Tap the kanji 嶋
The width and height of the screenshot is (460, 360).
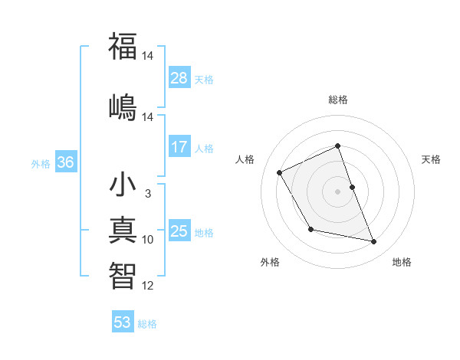123,105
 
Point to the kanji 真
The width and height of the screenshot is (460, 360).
123,230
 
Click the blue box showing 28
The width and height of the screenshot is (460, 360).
179,77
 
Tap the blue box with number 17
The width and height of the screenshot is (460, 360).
179,146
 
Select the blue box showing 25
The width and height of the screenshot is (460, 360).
179,231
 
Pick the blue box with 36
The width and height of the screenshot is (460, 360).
65,162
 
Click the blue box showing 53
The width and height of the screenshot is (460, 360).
123,322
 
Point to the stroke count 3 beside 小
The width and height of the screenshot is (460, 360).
147,194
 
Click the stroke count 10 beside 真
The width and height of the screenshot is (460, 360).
147,240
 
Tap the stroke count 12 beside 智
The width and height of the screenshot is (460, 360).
147,286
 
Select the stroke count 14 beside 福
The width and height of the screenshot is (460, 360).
147,56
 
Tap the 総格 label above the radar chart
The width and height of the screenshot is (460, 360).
338,100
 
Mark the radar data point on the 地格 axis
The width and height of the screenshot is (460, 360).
374,242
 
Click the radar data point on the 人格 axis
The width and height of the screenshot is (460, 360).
280,172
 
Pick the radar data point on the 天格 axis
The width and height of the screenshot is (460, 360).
352,187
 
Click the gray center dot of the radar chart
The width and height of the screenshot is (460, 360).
338,191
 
